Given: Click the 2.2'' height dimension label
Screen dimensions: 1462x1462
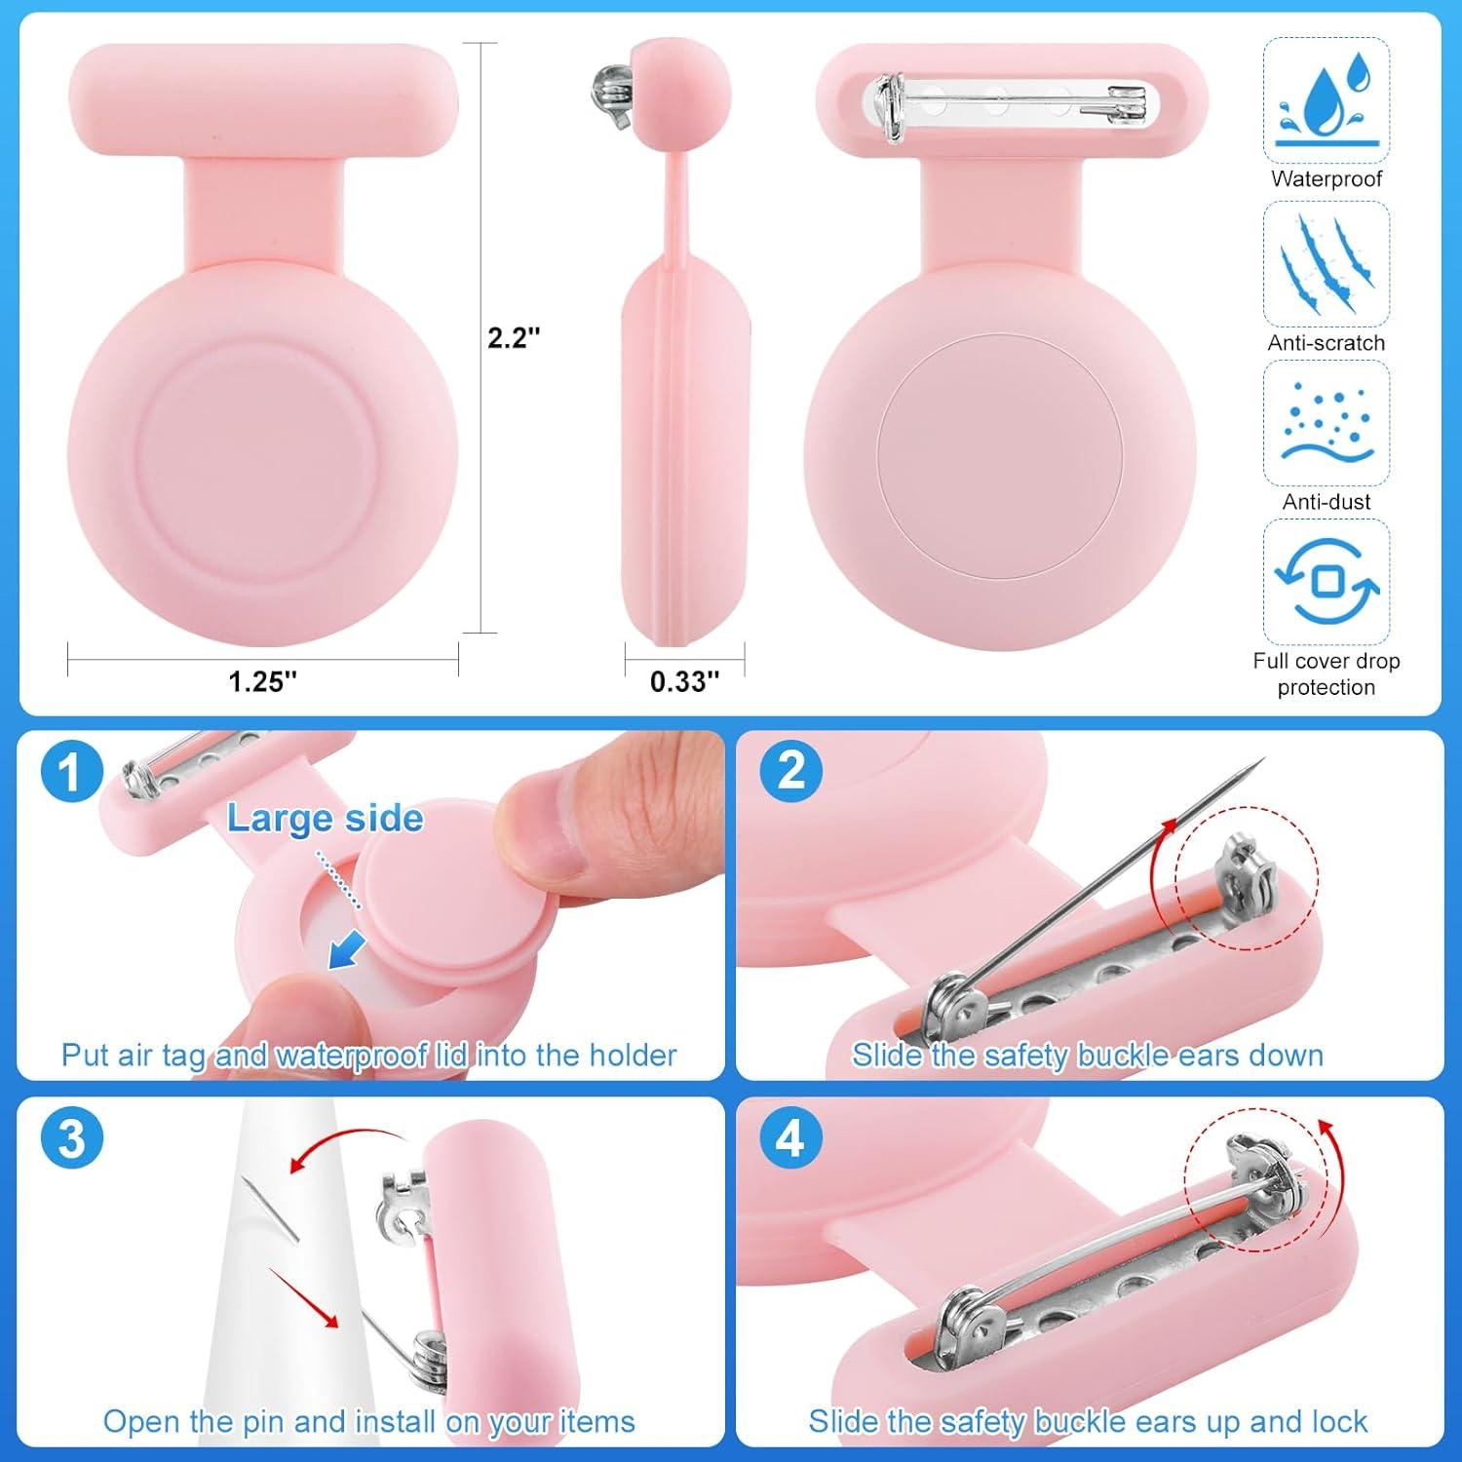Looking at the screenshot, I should (x=514, y=338).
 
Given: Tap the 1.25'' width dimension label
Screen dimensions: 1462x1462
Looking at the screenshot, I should (x=262, y=680).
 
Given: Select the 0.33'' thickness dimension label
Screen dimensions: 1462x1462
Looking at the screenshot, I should (x=684, y=680).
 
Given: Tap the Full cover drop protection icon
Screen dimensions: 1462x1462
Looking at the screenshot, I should (x=1326, y=582).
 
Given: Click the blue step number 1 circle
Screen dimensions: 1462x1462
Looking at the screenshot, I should (x=72, y=772).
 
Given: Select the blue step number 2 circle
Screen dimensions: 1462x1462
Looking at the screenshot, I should (x=791, y=771).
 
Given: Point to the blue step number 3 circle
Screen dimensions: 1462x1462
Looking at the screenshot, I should (x=72, y=1137).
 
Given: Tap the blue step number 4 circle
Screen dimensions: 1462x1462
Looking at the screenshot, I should (x=791, y=1137).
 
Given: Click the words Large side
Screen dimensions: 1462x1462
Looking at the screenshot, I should (x=325, y=819).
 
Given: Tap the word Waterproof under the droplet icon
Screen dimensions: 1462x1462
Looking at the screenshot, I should (x=1326, y=179).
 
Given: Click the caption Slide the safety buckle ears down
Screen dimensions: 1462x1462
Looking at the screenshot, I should (x=1087, y=1056).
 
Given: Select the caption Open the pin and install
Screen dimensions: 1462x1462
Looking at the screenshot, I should (x=368, y=1421).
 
